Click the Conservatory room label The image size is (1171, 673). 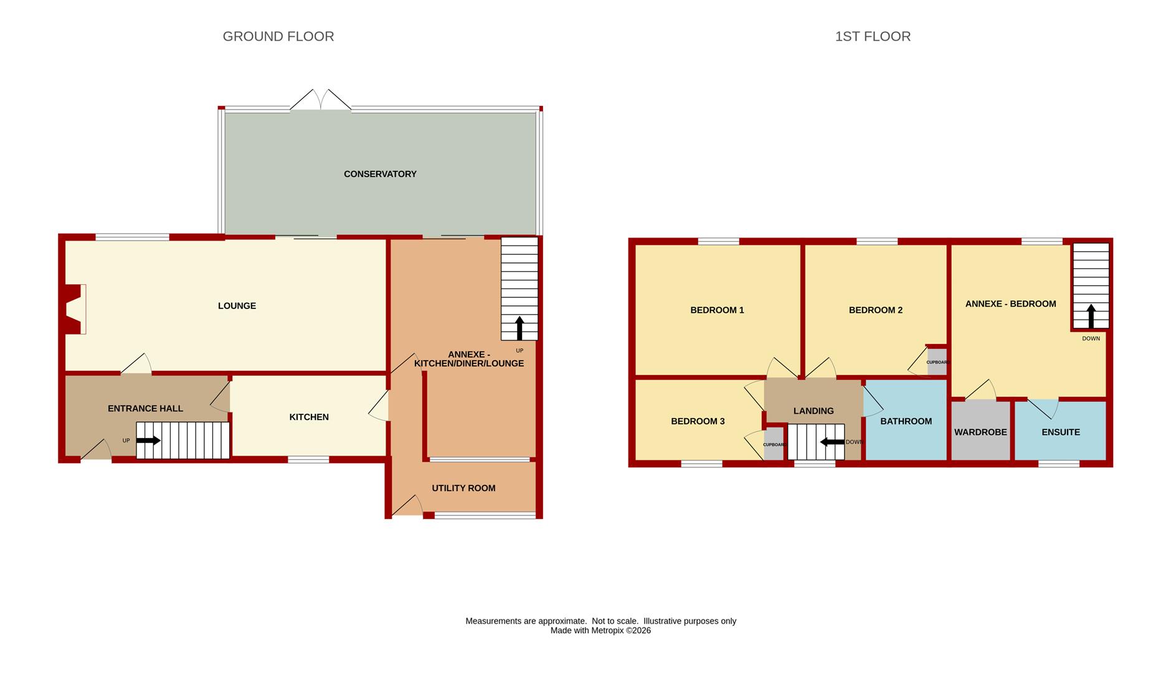tap(380, 174)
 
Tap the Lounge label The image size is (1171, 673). tap(237, 306)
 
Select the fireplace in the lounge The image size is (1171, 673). tap(74, 310)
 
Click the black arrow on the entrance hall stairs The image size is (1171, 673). tap(148, 441)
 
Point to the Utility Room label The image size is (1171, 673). tap(463, 488)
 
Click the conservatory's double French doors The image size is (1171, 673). tap(321, 100)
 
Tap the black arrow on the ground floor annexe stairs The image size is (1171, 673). tap(519, 328)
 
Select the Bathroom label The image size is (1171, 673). tap(906, 421)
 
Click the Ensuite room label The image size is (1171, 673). tap(1061, 432)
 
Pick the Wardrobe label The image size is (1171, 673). tap(980, 432)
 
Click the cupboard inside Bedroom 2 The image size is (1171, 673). tap(937, 362)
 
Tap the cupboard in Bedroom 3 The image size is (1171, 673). tap(774, 444)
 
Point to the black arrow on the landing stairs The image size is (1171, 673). tap(832, 442)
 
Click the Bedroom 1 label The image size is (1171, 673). tap(717, 310)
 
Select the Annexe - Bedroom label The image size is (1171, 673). tap(1010, 304)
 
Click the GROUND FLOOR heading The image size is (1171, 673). tap(278, 37)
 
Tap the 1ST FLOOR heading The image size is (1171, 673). tap(873, 37)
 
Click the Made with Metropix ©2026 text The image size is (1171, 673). tap(600, 631)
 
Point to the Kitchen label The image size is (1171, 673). tap(309, 417)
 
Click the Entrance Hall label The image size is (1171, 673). tap(145, 409)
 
